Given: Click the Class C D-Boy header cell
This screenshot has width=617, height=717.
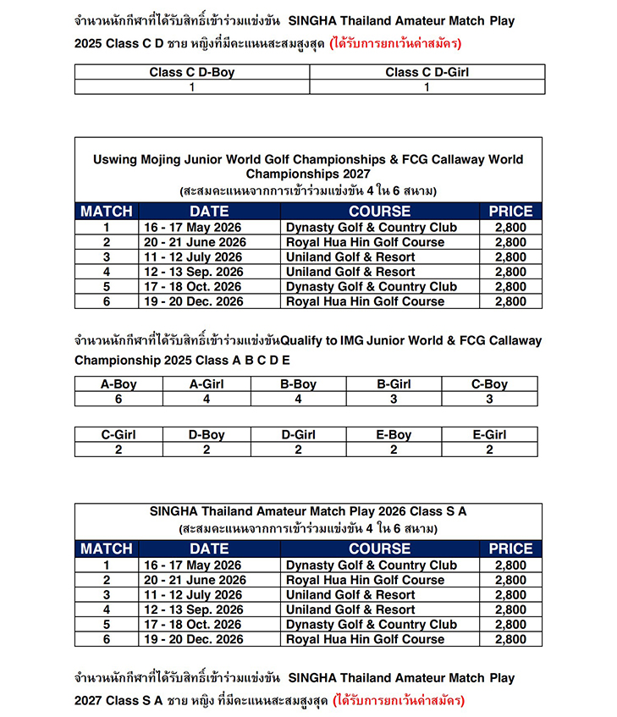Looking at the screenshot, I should click(192, 72).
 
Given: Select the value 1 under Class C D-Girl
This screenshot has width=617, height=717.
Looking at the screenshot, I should click(427, 86).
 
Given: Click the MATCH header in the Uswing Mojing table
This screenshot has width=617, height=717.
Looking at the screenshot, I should click(107, 212).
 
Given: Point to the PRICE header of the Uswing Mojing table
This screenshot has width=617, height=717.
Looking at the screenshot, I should click(510, 212).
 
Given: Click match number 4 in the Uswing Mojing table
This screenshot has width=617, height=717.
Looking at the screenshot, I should click(107, 272).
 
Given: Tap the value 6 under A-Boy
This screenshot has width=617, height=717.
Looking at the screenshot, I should click(118, 399).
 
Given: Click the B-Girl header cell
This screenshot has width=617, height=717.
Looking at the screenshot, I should click(394, 384).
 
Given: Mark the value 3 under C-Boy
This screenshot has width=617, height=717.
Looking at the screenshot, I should click(489, 399).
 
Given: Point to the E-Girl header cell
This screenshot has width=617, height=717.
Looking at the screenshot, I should click(489, 435).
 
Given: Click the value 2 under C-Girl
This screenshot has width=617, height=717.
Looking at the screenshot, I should click(118, 450).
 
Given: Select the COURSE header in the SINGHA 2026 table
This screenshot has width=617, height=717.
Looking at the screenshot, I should click(379, 549).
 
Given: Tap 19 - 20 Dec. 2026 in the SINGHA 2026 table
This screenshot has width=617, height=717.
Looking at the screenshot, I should click(193, 639).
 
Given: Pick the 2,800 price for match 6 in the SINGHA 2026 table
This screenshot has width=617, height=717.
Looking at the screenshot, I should click(510, 639).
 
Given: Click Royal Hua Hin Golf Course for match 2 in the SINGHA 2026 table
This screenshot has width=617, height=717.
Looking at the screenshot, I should click(365, 580).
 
